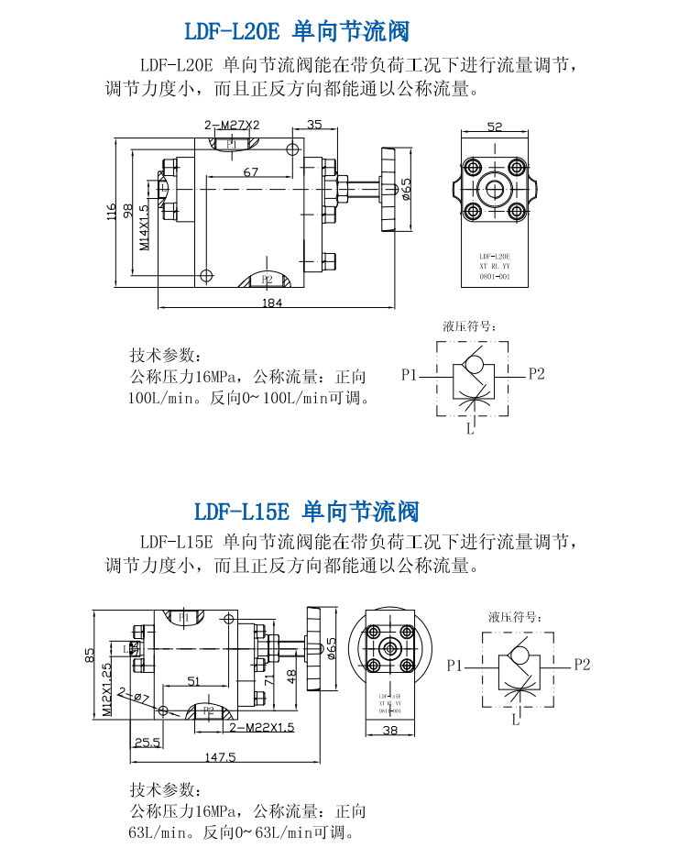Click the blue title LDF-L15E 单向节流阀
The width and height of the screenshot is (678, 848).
[x=306, y=510]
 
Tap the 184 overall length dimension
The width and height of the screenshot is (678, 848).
[x=272, y=303]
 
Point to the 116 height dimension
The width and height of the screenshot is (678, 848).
[x=112, y=212]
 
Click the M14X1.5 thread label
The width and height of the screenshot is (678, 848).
[x=144, y=226]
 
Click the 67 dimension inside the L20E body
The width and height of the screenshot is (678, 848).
[x=251, y=171]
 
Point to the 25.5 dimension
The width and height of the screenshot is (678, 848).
[x=147, y=742]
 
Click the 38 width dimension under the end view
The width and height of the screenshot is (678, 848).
[x=390, y=731]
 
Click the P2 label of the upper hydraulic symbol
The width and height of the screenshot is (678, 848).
[x=536, y=373]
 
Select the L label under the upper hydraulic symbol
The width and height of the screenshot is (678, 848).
[x=469, y=428]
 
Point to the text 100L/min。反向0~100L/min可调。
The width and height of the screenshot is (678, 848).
[x=248, y=399]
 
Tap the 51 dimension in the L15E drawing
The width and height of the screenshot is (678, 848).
[x=193, y=680]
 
